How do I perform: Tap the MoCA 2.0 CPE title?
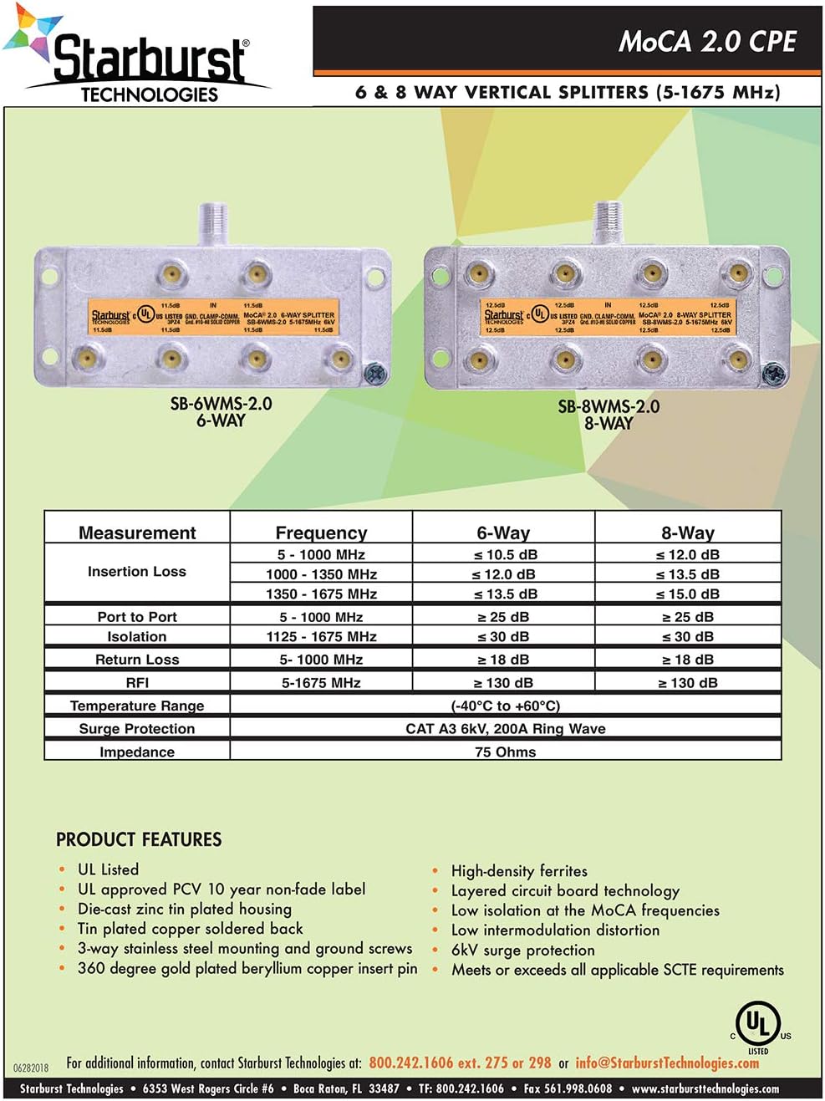click(x=707, y=42)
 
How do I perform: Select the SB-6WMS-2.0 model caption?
click(x=221, y=404)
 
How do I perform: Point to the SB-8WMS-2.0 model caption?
click(x=609, y=406)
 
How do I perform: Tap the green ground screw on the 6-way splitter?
click(x=376, y=370)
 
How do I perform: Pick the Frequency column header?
click(x=321, y=533)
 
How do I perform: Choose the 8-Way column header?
click(x=687, y=533)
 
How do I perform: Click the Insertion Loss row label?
click(x=137, y=572)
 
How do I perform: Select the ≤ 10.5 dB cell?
click(x=505, y=554)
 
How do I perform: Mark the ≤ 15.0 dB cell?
click(x=687, y=594)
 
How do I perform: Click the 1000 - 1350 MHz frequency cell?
click(x=321, y=574)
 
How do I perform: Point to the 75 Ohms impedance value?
click(x=505, y=752)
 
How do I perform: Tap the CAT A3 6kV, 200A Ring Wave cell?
click(x=505, y=728)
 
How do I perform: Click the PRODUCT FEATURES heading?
click(x=139, y=839)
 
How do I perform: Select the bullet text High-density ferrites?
click(x=519, y=870)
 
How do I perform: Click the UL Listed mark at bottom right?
click(x=758, y=1026)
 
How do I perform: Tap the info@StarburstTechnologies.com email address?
click(x=667, y=1063)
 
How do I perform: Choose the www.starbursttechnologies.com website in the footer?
click(x=705, y=1088)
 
